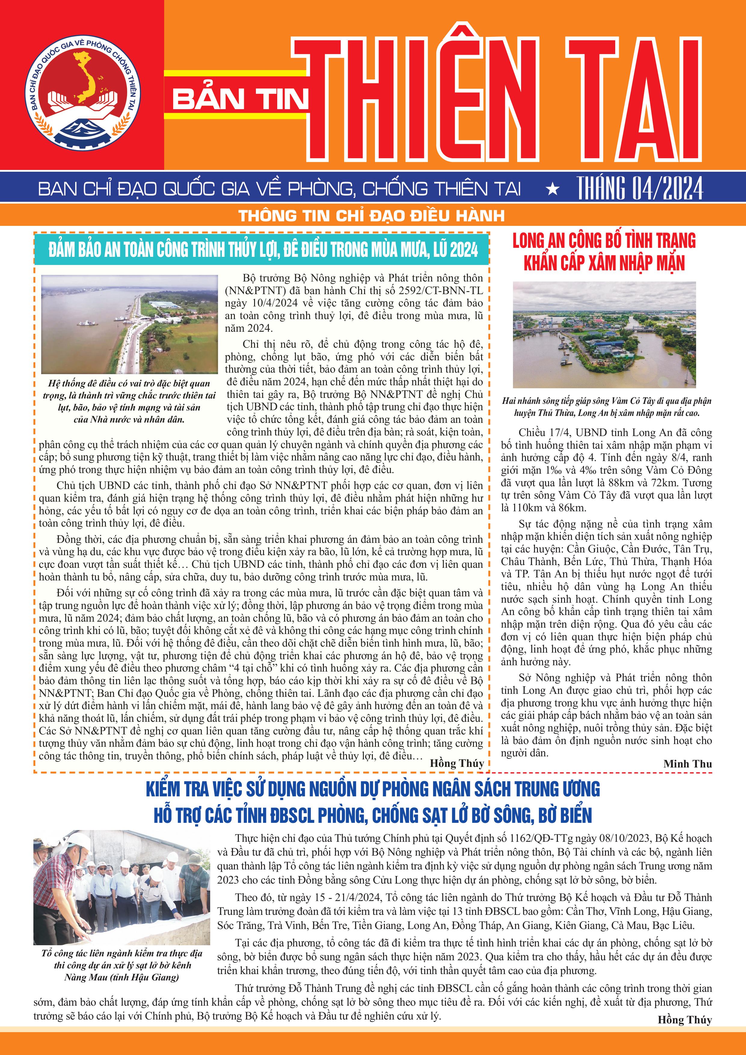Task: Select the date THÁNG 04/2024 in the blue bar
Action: pyautogui.click(x=640, y=188)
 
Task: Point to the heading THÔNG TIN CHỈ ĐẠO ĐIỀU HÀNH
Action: pyautogui.click(x=372, y=216)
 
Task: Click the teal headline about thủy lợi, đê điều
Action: pyautogui.click(x=263, y=250)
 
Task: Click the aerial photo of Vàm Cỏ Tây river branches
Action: pyautogui.click(x=604, y=334)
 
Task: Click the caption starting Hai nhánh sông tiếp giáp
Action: pyautogui.click(x=606, y=407)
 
